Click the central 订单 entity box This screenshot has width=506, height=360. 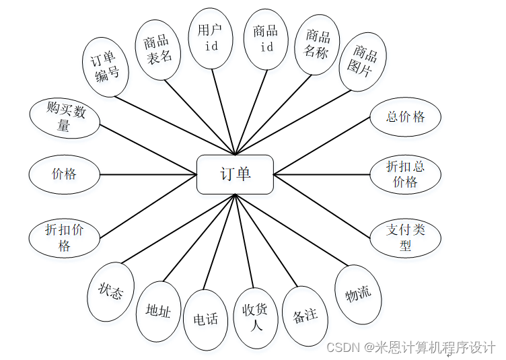235,174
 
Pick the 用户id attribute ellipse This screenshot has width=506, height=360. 211,38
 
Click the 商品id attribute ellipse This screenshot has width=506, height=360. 266,39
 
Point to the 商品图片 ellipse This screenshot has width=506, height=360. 363,61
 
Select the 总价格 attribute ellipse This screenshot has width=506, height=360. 405,116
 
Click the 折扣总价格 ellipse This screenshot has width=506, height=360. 405,174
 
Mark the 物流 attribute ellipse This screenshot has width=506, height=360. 358,294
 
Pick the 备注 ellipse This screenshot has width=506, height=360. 305,315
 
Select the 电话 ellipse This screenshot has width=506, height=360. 205,319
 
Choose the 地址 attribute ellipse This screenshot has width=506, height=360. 158,310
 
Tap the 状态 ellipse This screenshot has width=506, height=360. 110,292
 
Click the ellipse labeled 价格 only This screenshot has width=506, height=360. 64,174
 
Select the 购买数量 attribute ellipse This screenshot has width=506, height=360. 65,117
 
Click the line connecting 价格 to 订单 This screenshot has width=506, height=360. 148,174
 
